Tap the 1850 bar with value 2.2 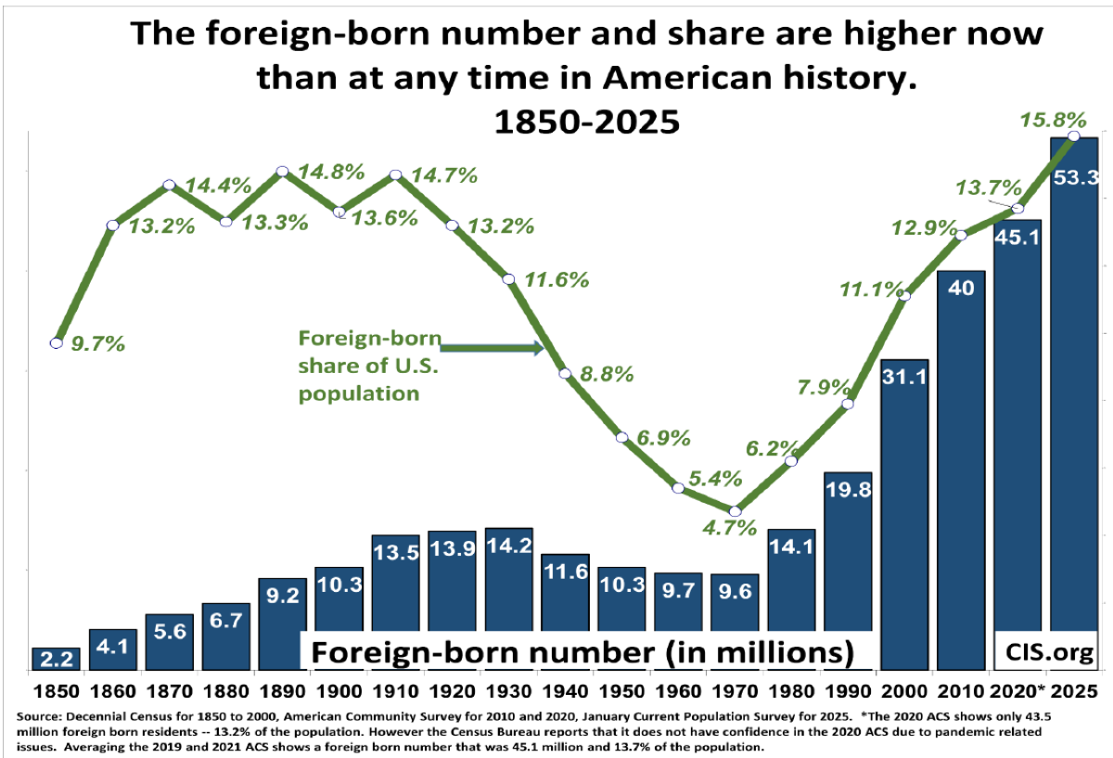click(56, 659)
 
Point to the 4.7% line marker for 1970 click(736, 511)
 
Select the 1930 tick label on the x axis click(508, 692)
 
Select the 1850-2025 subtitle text click(586, 122)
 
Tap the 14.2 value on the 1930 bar click(508, 545)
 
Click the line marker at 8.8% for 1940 click(565, 373)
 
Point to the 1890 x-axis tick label click(282, 692)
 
